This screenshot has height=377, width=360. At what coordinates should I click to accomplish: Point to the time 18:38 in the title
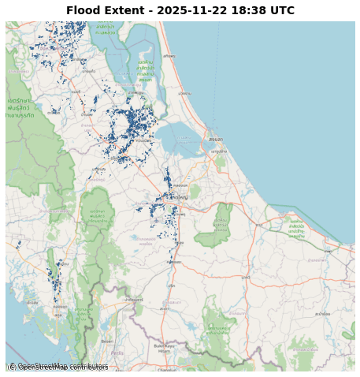coord(250,11)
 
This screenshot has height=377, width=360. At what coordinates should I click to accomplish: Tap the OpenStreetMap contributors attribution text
coord(58,367)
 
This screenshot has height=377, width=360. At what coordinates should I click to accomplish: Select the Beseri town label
coord(107,342)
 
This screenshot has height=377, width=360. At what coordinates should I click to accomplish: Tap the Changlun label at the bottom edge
coord(167,369)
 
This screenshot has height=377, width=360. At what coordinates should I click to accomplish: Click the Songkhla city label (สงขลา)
coord(216,140)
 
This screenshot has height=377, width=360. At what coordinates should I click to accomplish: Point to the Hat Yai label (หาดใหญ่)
coord(180,197)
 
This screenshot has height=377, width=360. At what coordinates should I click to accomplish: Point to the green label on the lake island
coord(145,70)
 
